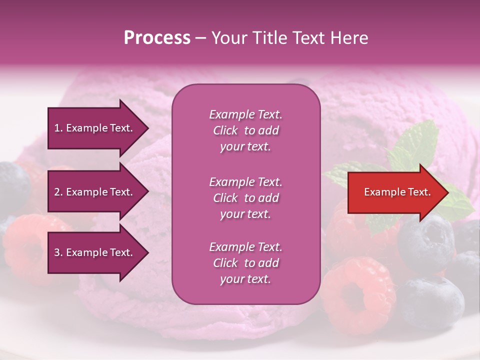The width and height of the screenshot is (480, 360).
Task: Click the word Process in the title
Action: (x=157, y=38)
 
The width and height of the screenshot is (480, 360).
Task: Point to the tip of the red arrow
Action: (x=447, y=192)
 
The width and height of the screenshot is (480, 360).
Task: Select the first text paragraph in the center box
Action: (x=245, y=130)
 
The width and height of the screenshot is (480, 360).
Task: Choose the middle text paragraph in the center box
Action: (x=245, y=198)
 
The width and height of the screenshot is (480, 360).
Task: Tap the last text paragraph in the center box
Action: (x=245, y=263)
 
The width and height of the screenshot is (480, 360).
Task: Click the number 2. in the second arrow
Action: (x=58, y=192)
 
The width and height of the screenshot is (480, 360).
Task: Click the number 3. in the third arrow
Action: (x=58, y=252)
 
